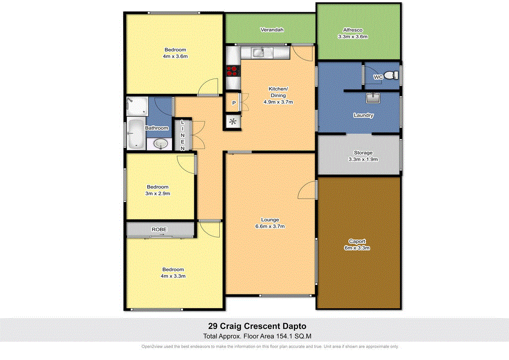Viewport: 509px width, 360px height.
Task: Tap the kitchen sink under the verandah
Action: [x=257, y=51]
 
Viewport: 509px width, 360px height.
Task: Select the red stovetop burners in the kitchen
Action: [x=232, y=71]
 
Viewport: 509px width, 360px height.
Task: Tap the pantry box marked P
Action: [x=233, y=103]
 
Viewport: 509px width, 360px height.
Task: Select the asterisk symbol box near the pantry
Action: [x=233, y=121]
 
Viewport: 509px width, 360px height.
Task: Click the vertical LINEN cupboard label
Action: [x=182, y=135]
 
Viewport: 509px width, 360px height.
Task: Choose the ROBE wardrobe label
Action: [x=160, y=229]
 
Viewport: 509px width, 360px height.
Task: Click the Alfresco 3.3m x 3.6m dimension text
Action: [x=352, y=37]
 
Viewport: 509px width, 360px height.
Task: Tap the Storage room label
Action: [x=363, y=153]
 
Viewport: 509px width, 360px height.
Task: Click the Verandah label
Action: [x=272, y=30]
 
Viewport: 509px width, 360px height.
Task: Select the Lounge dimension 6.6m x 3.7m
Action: [x=271, y=226]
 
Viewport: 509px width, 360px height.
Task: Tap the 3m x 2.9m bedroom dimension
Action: [x=158, y=193]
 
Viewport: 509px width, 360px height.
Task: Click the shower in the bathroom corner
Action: [x=137, y=105]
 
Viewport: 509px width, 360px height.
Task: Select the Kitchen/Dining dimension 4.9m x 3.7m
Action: [x=278, y=102]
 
